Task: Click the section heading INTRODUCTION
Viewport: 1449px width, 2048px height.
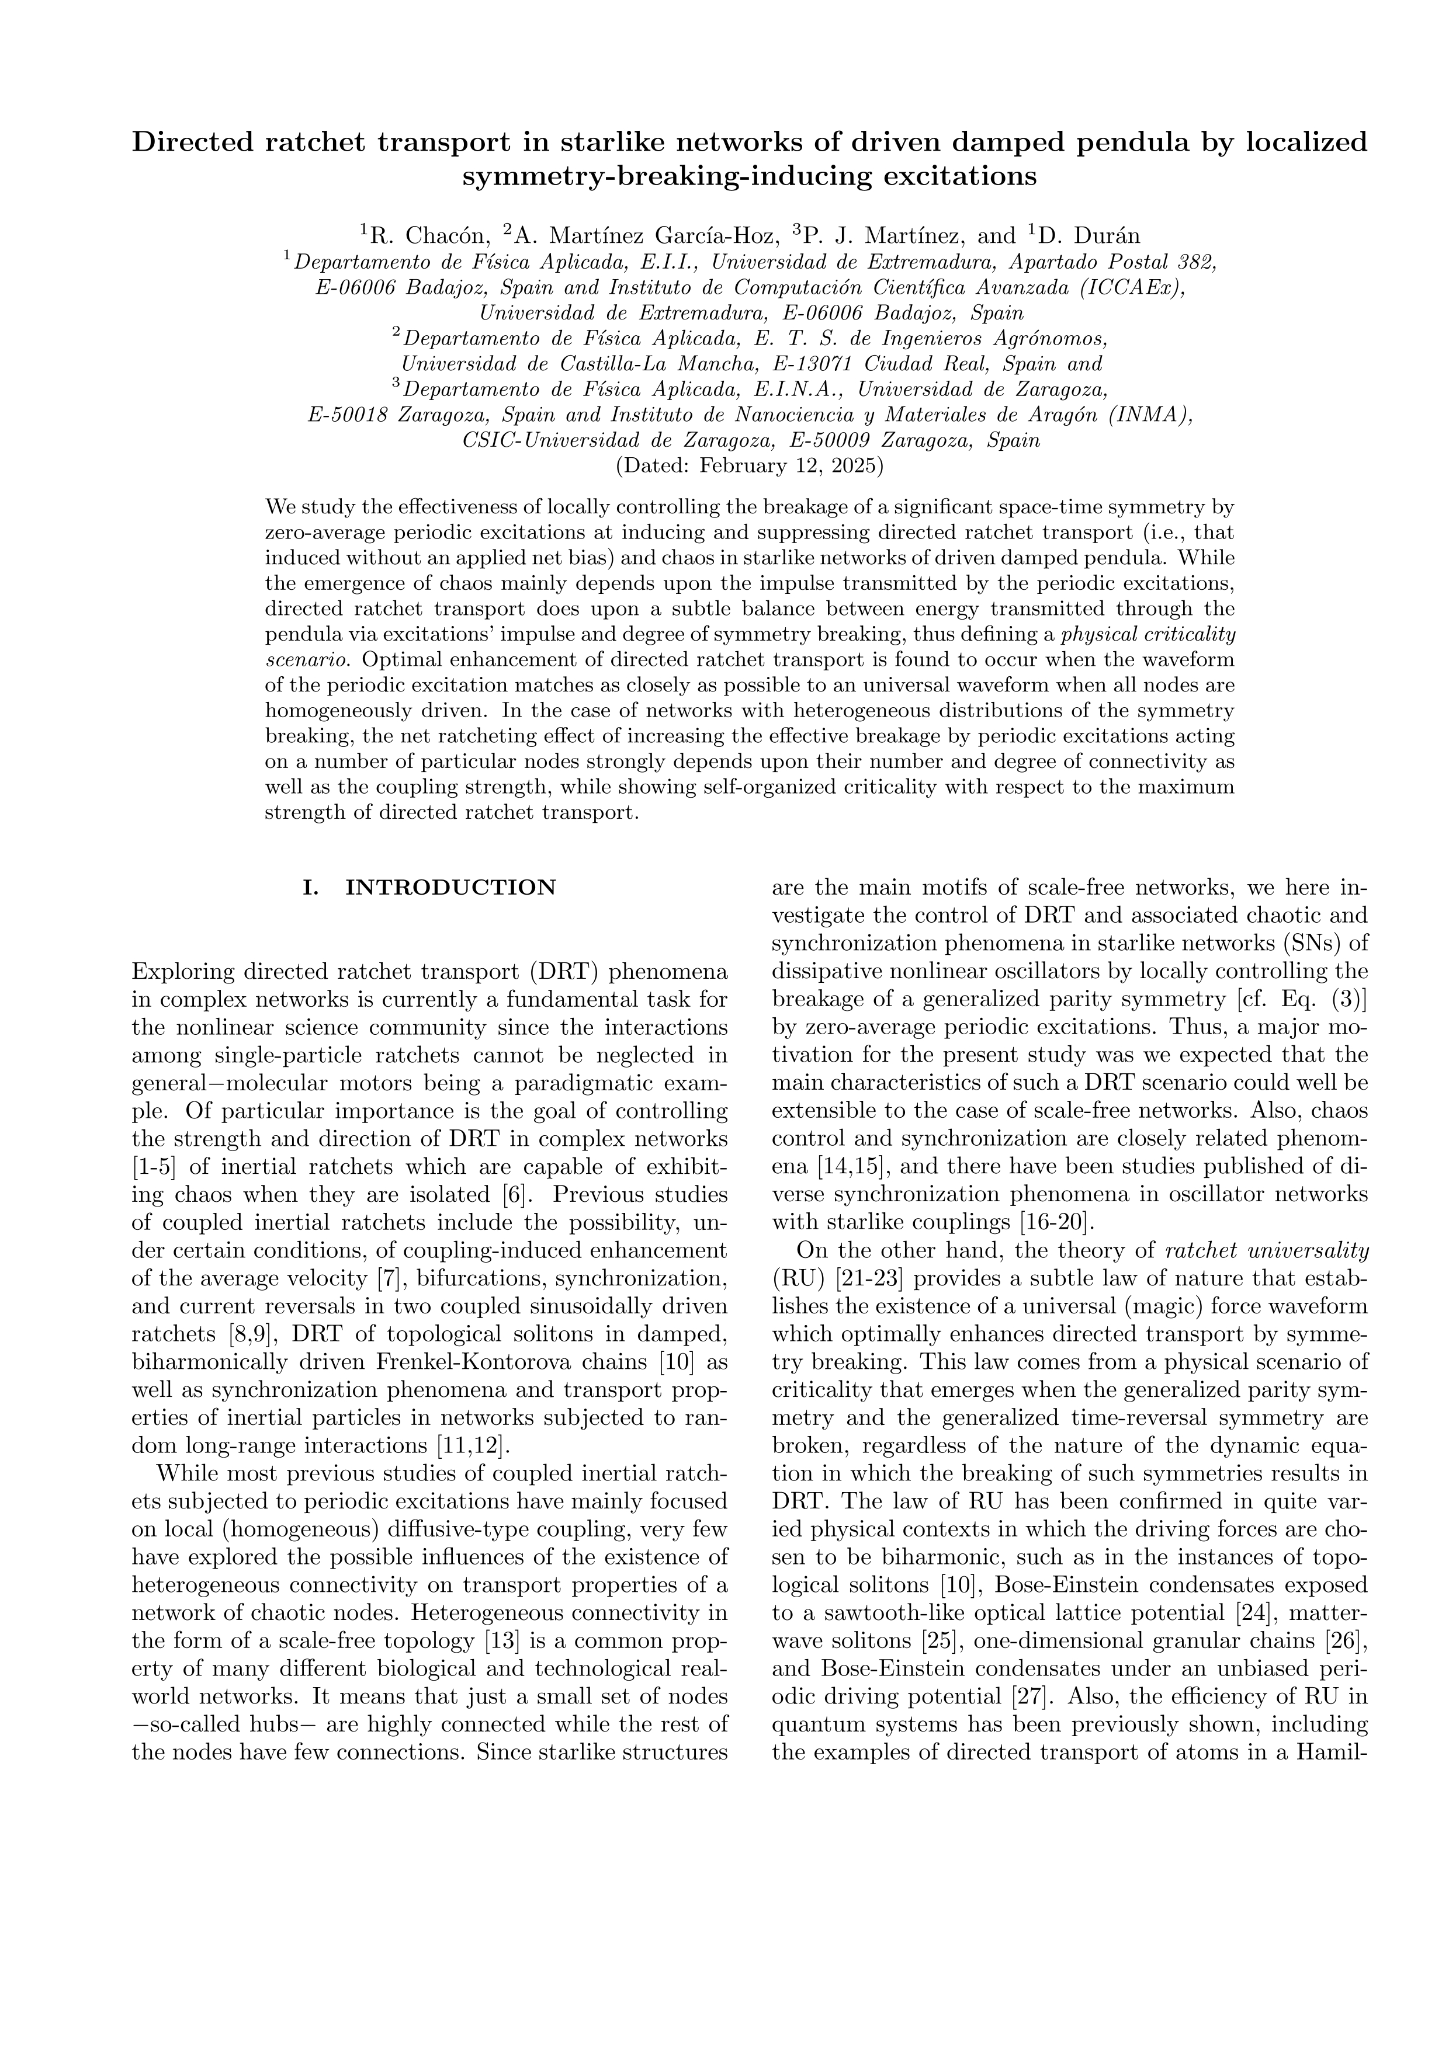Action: click(x=450, y=888)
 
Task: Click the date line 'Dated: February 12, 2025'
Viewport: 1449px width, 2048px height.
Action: click(x=750, y=465)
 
